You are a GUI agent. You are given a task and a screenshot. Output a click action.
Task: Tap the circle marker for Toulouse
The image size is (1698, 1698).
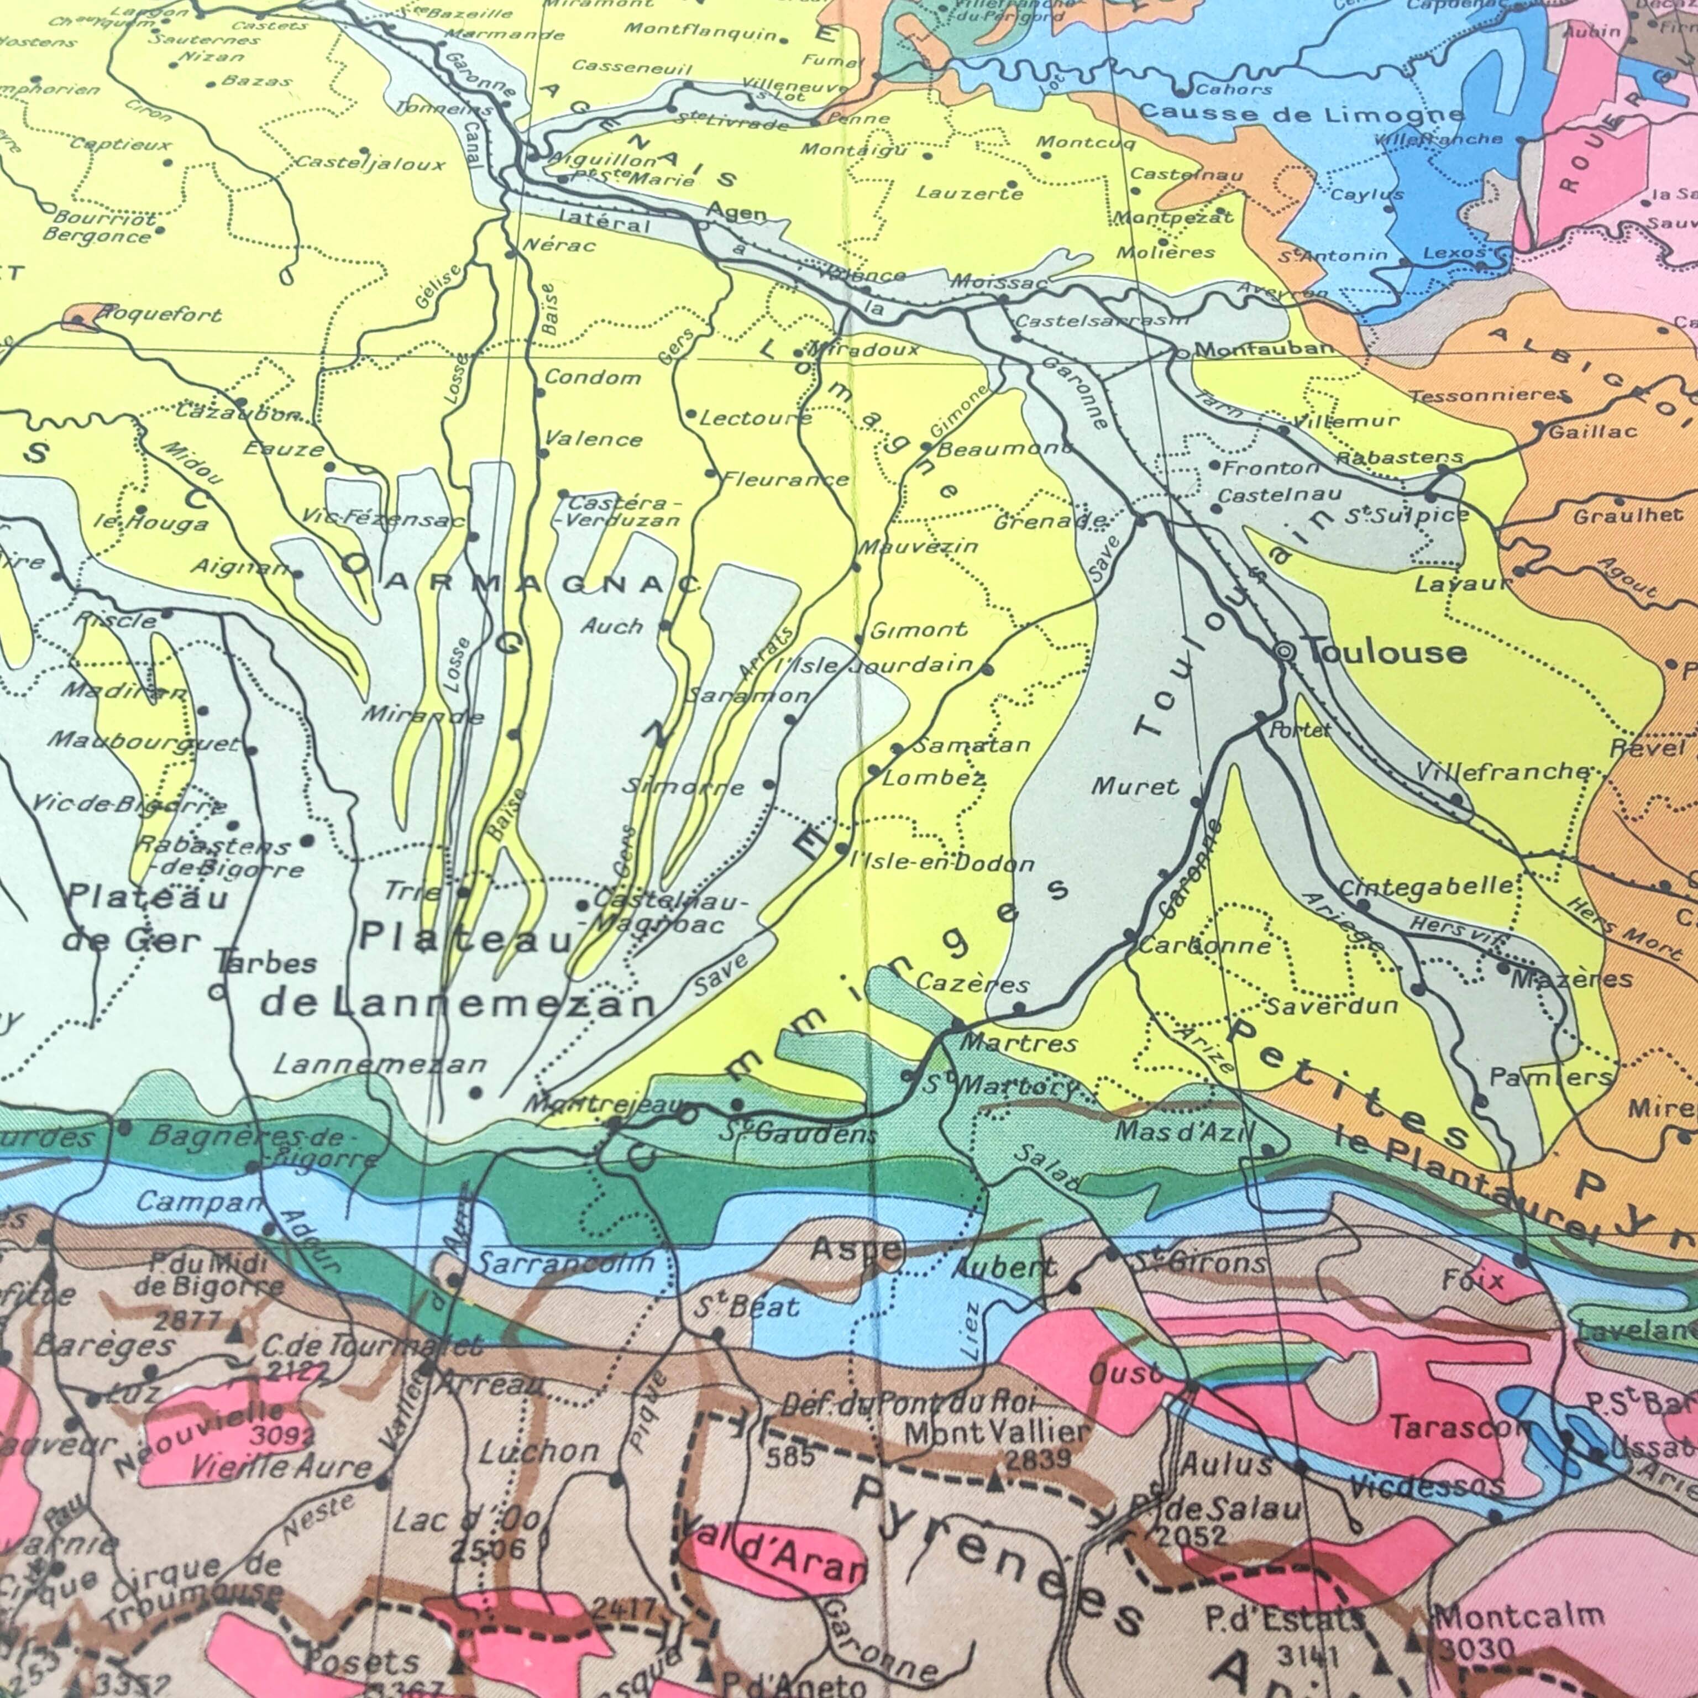tap(1284, 652)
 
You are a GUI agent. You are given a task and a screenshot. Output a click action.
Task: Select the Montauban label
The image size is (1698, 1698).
tap(1263, 349)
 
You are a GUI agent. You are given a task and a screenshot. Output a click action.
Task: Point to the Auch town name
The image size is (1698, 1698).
tap(612, 626)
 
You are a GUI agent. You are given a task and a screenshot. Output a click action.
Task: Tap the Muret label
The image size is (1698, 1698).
tap(1135, 786)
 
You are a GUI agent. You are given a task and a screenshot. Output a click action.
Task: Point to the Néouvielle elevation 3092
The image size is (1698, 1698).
tap(281, 1436)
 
